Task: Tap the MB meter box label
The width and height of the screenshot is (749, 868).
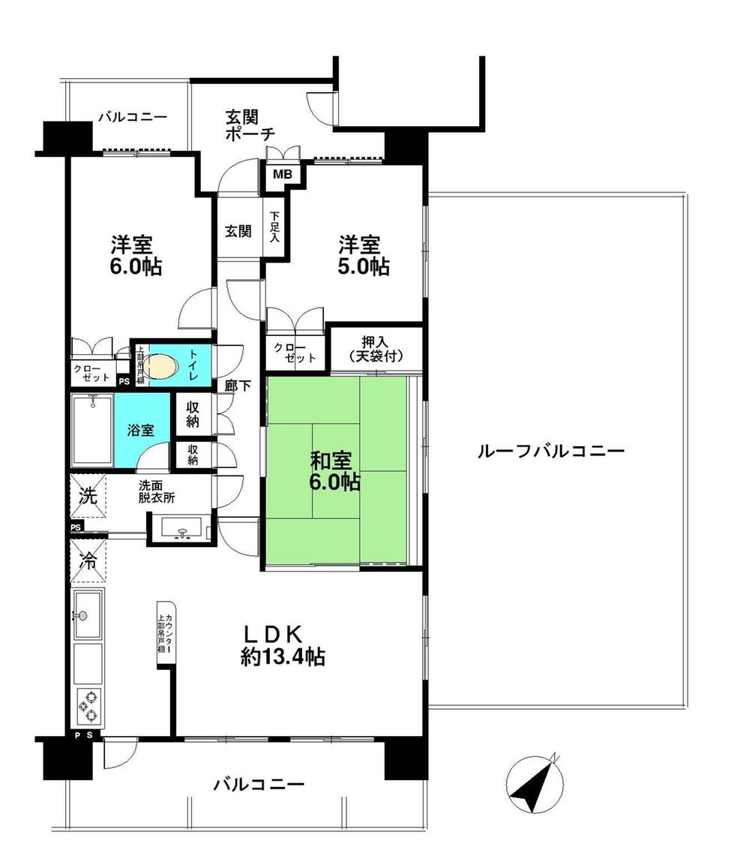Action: (x=282, y=174)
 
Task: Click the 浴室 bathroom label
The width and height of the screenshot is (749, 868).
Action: (x=140, y=431)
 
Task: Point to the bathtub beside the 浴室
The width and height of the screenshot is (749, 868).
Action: (x=91, y=431)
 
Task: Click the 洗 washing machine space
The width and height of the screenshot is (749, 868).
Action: (x=88, y=497)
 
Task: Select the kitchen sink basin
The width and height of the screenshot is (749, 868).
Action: (x=88, y=615)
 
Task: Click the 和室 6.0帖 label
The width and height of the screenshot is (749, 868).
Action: (x=335, y=470)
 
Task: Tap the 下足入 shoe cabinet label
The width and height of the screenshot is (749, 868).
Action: (x=275, y=227)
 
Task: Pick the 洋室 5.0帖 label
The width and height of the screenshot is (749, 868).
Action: (x=363, y=255)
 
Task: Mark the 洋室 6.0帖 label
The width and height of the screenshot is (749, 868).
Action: (x=136, y=255)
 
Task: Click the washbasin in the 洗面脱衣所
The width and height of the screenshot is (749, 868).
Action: (x=181, y=527)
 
